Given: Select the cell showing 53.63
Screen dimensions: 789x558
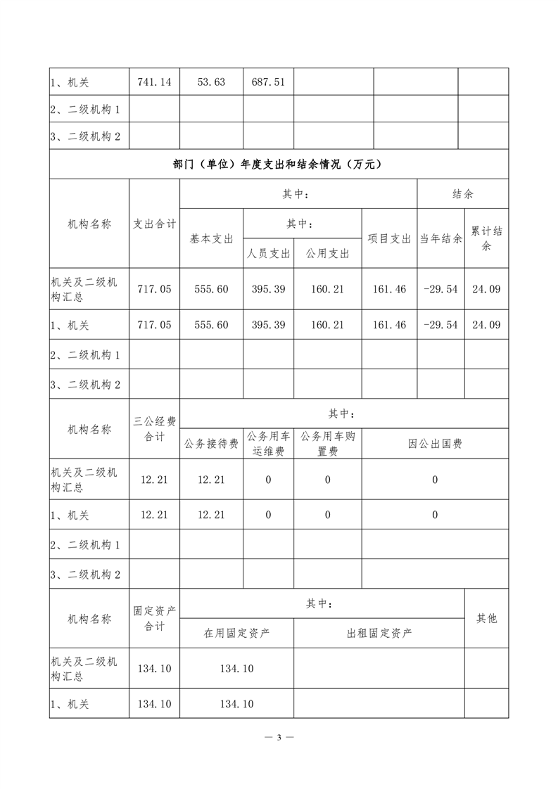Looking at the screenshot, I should (x=211, y=82).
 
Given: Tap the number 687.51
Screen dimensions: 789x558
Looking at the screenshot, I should (x=268, y=82).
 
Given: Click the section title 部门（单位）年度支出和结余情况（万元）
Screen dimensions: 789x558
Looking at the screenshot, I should (x=279, y=165).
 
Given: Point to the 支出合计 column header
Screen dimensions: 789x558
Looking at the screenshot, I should (x=155, y=224).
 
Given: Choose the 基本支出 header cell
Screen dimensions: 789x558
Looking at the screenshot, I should (x=211, y=238).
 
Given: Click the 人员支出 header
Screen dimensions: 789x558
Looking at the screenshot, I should (x=268, y=254).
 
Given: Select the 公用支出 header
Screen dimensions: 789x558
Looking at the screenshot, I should (x=327, y=254).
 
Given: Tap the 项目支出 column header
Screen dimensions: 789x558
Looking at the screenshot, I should (x=389, y=238).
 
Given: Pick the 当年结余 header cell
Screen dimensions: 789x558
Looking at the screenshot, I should (x=440, y=238).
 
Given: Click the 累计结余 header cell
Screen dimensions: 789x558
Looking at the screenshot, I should (x=486, y=238).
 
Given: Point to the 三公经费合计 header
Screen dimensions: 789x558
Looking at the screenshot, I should (x=155, y=429).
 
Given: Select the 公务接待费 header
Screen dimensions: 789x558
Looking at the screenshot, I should (x=211, y=444).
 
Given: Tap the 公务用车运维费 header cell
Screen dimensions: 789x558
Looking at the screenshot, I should (x=268, y=444).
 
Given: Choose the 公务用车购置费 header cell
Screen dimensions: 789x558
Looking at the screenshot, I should (x=327, y=444).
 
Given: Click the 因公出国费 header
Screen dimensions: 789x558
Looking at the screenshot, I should (x=435, y=444).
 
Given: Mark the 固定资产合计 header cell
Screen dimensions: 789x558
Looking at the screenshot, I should (x=155, y=618).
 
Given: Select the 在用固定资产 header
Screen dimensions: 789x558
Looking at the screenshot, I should (x=236, y=633).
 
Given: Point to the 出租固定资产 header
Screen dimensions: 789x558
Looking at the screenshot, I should (x=379, y=633).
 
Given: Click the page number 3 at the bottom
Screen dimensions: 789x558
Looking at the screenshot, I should (x=279, y=737).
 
